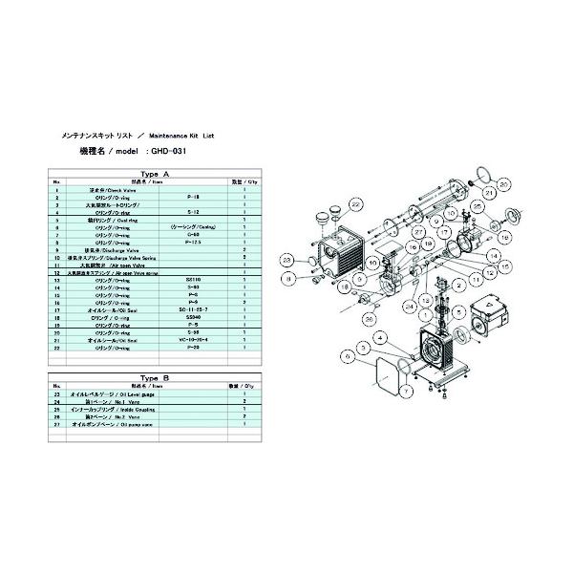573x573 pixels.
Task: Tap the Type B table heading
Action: [x=154, y=378]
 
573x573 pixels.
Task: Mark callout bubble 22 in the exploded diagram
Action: [x=355, y=204]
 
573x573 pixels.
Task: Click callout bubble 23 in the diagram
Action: [x=285, y=259]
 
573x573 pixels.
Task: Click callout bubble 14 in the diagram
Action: [x=464, y=256]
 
